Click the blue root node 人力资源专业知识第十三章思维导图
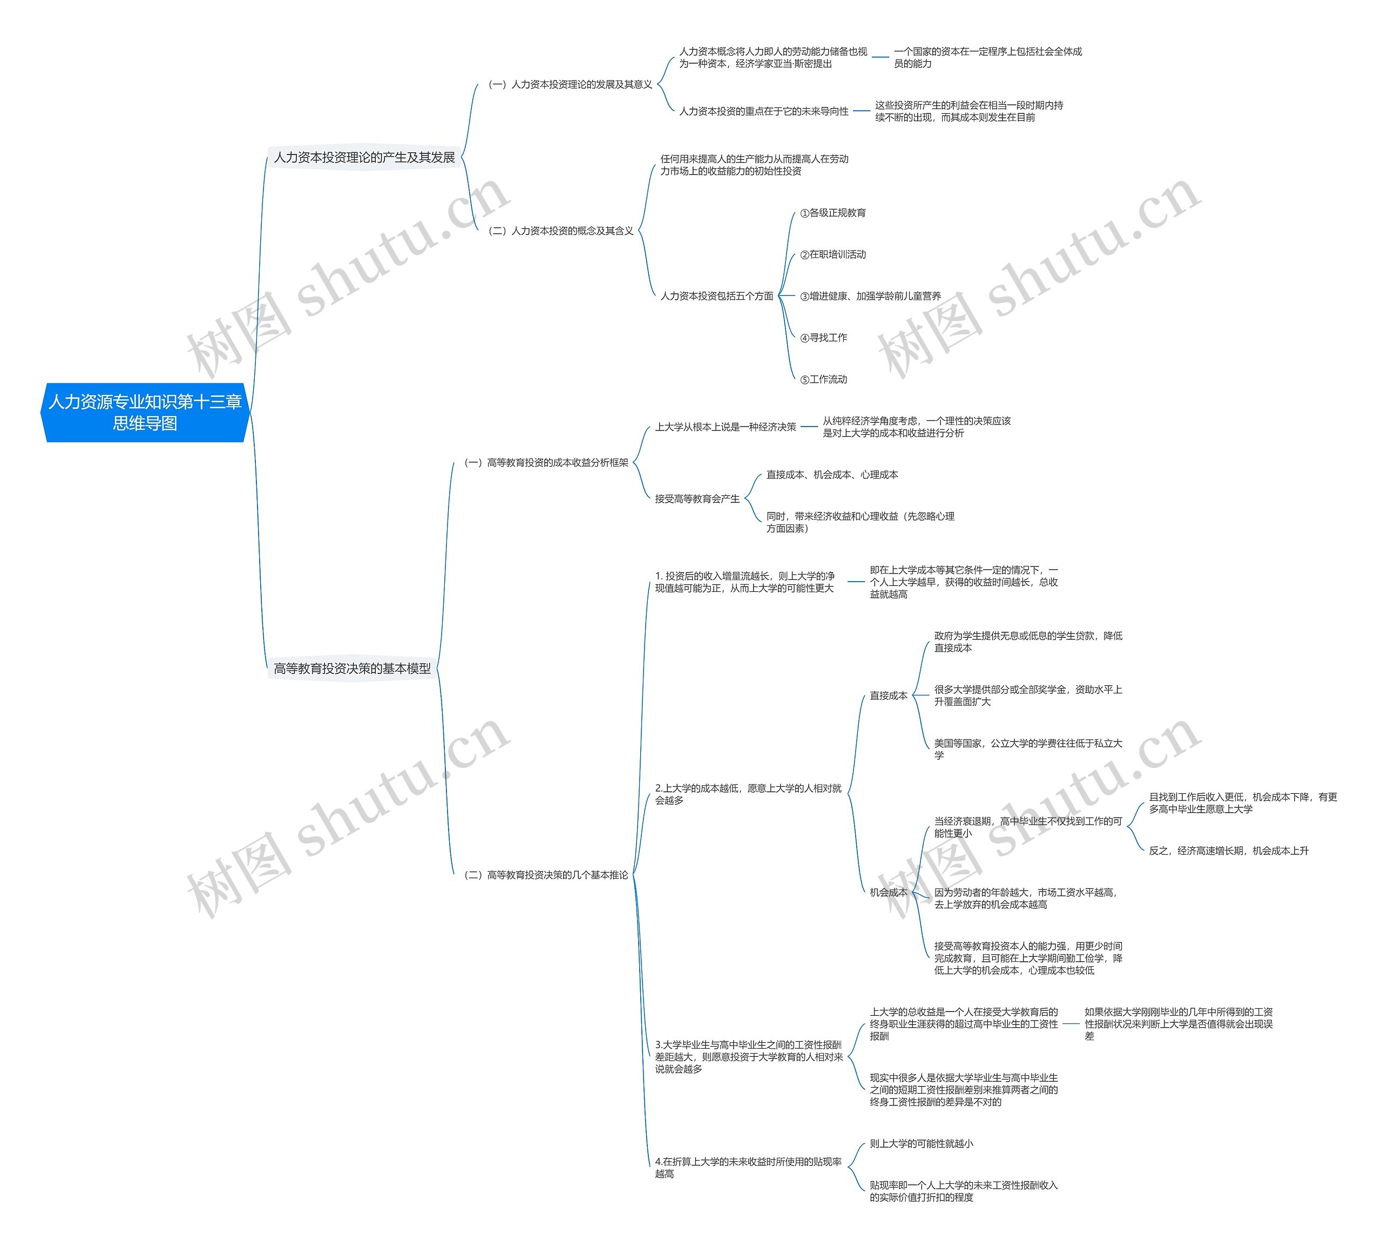(145, 412)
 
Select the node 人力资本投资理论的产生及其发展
(364, 158)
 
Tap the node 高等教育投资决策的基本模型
(353, 669)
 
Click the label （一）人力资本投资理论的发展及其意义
(570, 84)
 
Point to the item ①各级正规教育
(833, 213)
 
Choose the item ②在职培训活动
(833, 254)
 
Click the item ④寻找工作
(823, 338)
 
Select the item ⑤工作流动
(823, 379)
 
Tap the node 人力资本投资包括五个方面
(716, 296)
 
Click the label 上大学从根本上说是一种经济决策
(725, 427)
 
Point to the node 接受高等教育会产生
(697, 499)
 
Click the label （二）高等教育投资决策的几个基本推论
(546, 875)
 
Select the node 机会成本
(889, 893)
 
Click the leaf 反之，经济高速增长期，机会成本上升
(1229, 851)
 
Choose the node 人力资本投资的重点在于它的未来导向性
(764, 111)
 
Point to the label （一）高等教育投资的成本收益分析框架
(546, 463)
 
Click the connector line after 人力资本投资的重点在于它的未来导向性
(862, 111)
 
